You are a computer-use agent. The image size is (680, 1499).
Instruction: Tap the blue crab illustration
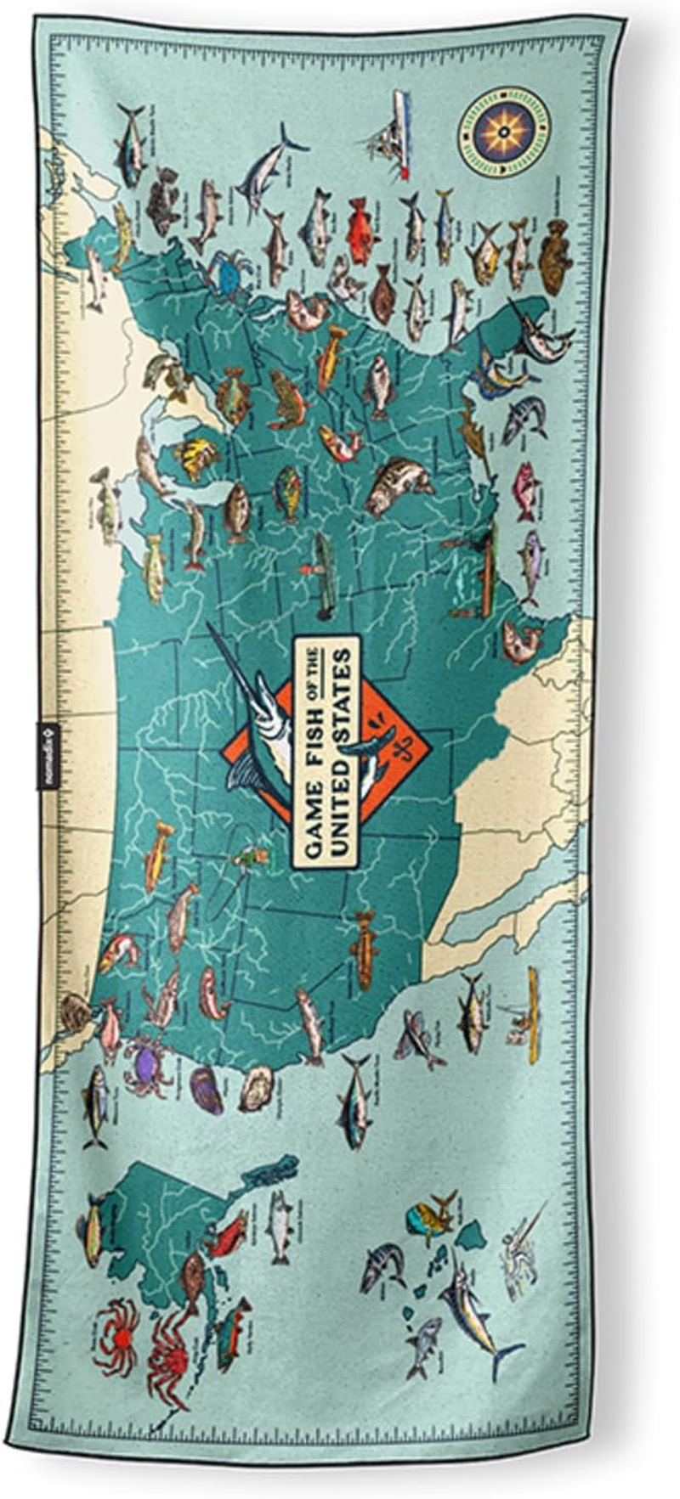pos(227,273)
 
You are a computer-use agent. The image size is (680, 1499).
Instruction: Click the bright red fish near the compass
pos(360,229)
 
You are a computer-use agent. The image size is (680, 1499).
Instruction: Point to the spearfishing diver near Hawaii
pos(521,1254)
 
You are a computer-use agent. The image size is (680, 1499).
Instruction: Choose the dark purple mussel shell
pos(207,1090)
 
